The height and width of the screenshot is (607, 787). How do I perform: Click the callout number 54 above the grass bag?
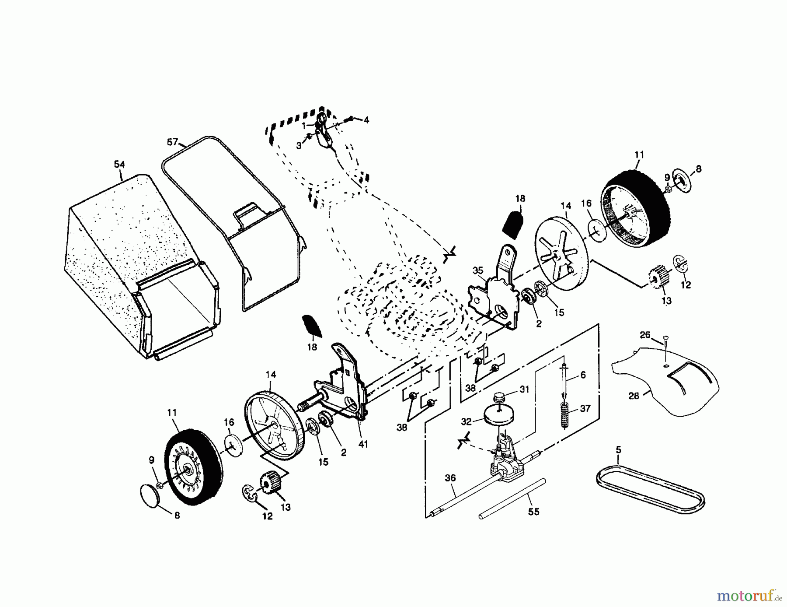pos(119,165)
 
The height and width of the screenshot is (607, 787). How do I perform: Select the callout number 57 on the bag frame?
pos(173,142)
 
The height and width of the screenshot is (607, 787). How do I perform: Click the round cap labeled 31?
pos(499,398)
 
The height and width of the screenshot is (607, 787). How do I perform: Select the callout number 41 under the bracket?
pos(363,444)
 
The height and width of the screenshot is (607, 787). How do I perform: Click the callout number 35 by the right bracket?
pos(477,270)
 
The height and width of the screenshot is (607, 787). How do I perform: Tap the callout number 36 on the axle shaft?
pos(450,478)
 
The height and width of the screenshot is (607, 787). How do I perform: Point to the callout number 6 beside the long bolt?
pos(583,375)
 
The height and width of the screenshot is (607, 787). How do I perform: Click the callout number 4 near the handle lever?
pos(366,120)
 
